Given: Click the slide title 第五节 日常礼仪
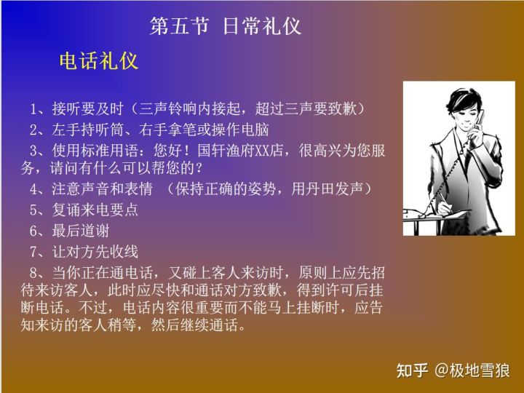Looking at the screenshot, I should point(225,26).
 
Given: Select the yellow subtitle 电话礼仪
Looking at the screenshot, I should point(98,61).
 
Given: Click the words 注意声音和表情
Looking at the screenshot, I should point(101,190).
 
